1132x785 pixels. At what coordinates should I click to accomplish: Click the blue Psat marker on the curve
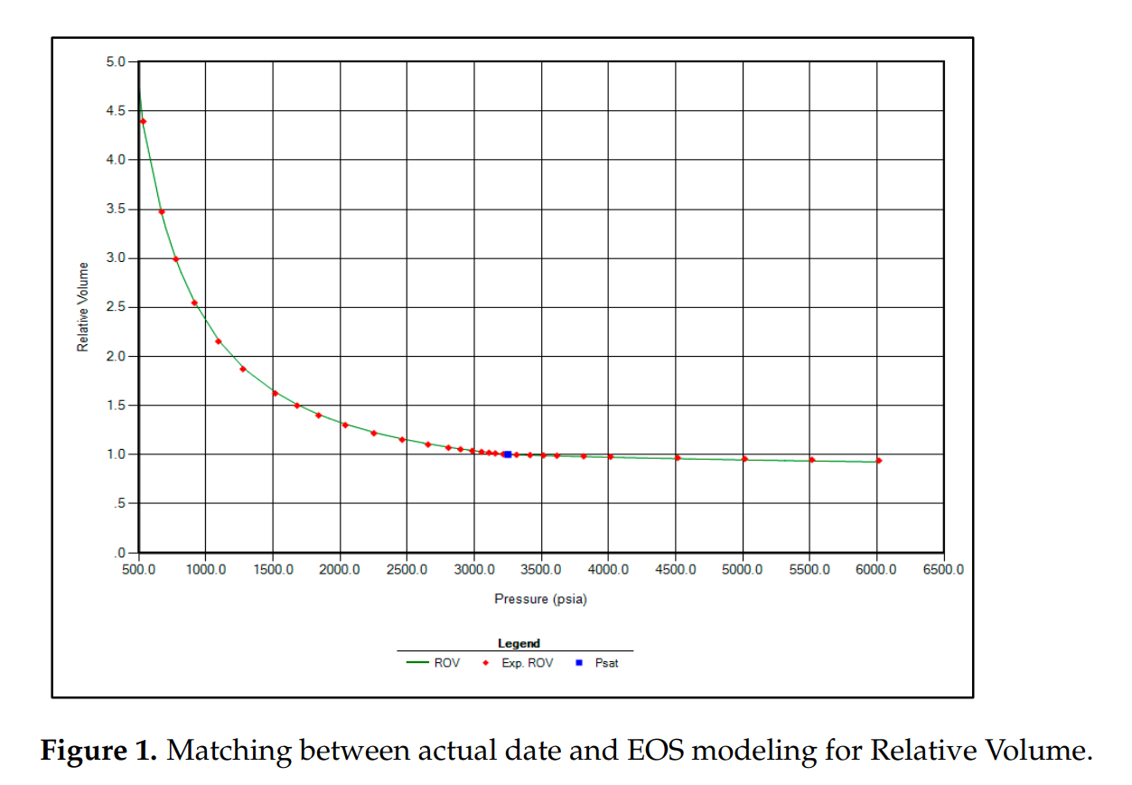(x=508, y=454)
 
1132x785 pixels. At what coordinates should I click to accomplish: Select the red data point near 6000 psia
(x=878, y=461)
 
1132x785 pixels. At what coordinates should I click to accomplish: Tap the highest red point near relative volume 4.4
(x=143, y=121)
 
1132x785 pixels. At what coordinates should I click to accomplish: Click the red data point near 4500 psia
(x=678, y=457)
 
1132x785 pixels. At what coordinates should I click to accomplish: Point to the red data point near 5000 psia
(x=744, y=459)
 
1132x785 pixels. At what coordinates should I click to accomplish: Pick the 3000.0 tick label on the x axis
(x=474, y=570)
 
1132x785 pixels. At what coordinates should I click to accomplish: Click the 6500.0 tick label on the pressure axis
(x=944, y=570)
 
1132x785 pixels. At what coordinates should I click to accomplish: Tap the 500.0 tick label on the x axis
(x=138, y=570)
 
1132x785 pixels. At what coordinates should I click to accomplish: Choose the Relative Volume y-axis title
(x=83, y=307)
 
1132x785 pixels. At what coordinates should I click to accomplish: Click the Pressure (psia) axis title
(x=540, y=599)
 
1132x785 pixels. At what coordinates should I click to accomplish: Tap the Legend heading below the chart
(x=519, y=643)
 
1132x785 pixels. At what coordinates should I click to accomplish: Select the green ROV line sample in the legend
(x=417, y=663)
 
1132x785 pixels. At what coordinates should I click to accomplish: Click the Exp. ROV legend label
(x=529, y=663)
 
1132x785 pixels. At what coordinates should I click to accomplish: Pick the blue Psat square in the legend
(x=578, y=663)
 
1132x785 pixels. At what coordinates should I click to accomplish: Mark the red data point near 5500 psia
(x=811, y=460)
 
